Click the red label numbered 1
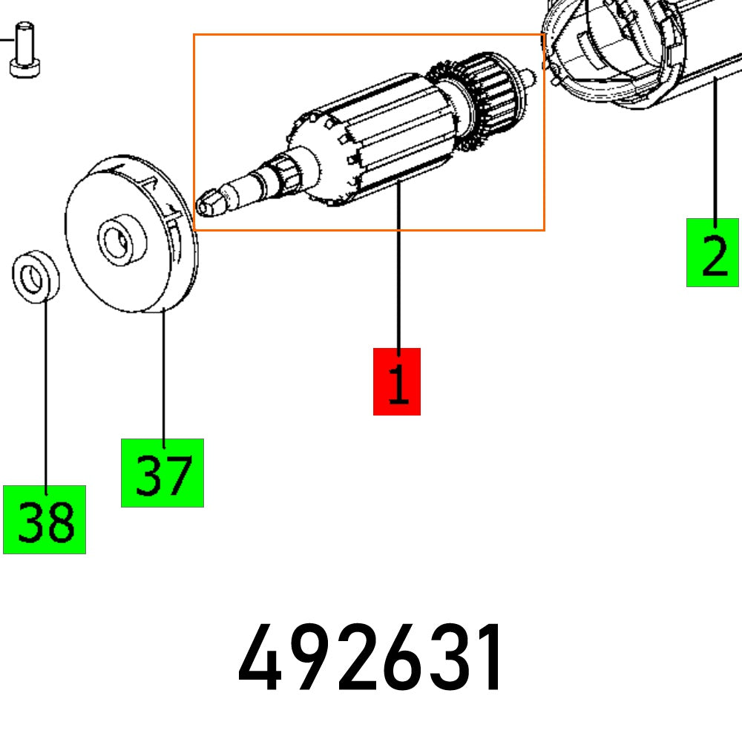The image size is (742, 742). point(396,381)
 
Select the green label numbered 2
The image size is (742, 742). point(713,252)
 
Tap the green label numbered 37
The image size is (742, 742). point(162,473)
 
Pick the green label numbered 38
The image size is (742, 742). point(45,519)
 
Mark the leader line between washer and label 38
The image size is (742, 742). point(45,393)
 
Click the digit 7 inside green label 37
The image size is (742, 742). point(178,475)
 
